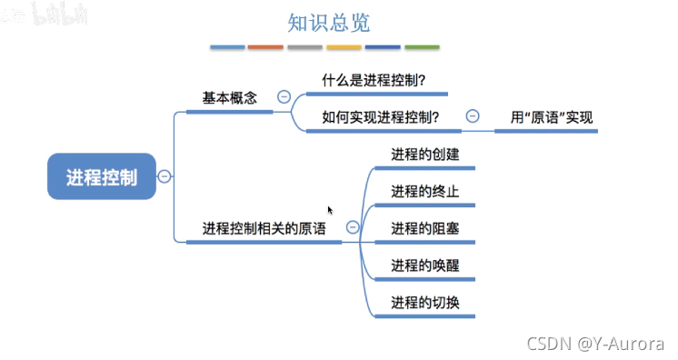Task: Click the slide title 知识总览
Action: pyautogui.click(x=328, y=22)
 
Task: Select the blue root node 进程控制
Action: pyautogui.click(x=102, y=177)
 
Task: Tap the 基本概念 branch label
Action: pyautogui.click(x=229, y=96)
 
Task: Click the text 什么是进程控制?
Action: pyautogui.click(x=373, y=80)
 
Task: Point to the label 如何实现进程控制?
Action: pyautogui.click(x=381, y=116)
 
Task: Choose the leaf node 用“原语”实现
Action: pyautogui.click(x=551, y=116)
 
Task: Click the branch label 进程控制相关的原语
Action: pyautogui.click(x=264, y=228)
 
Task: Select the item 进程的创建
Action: pyautogui.click(x=424, y=155)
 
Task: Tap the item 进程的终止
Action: pyautogui.click(x=424, y=191)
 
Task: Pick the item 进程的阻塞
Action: pyautogui.click(x=424, y=228)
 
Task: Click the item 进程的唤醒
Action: pyautogui.click(x=424, y=265)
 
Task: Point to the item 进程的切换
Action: pyautogui.click(x=424, y=302)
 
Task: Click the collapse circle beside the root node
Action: pyautogui.click(x=164, y=177)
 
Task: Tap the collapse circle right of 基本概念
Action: pyautogui.click(x=284, y=96)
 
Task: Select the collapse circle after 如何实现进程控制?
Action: pyautogui.click(x=473, y=115)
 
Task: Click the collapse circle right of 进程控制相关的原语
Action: pyautogui.click(x=353, y=228)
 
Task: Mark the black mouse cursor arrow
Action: pyautogui.click(x=331, y=210)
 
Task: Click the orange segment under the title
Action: pyautogui.click(x=265, y=46)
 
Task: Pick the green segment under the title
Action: pyautogui.click(x=422, y=46)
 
